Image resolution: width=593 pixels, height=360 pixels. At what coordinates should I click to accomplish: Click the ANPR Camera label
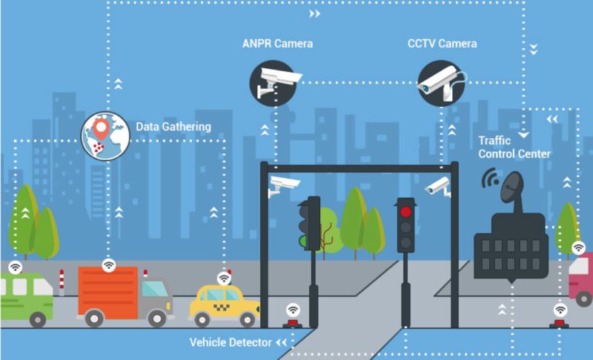pos(277,44)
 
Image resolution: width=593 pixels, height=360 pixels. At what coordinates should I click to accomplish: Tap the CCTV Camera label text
pos(442,44)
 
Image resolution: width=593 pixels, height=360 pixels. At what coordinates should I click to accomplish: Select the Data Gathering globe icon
pos(105,136)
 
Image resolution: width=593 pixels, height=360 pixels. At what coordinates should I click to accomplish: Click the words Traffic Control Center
pos(514,147)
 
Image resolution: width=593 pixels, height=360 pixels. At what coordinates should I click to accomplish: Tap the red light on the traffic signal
pos(405,212)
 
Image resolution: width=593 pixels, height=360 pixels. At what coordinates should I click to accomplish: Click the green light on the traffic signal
pos(304,240)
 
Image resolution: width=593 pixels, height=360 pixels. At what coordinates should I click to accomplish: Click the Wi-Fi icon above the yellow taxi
pos(224,278)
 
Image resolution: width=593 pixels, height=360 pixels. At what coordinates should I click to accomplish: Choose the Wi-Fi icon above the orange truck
pos(109,263)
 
